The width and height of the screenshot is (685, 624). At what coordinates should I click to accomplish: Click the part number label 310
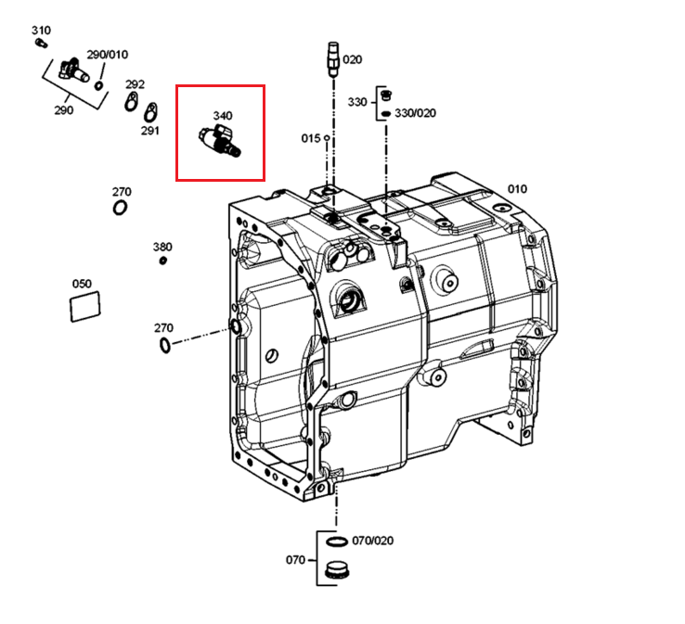(41, 31)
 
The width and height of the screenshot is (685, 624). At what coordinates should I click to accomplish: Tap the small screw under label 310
(41, 43)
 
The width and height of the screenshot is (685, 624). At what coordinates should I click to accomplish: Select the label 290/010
(108, 55)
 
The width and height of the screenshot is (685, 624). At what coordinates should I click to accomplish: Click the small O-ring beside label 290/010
(99, 85)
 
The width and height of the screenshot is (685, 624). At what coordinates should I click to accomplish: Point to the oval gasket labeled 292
(131, 102)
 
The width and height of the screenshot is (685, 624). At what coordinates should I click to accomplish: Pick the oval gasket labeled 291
(150, 112)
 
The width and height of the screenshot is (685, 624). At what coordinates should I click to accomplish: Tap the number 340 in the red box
(223, 116)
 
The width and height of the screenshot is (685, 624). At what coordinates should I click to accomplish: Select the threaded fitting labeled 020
(333, 58)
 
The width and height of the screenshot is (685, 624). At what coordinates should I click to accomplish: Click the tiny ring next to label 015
(327, 138)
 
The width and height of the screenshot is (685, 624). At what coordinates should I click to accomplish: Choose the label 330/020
(416, 113)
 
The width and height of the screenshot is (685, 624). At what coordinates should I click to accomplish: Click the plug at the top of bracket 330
(386, 96)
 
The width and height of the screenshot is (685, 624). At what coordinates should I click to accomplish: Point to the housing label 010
(517, 189)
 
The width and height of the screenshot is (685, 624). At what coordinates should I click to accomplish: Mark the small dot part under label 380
(163, 261)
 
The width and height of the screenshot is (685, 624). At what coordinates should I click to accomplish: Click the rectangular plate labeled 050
(85, 306)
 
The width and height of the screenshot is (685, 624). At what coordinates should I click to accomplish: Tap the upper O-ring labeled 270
(120, 208)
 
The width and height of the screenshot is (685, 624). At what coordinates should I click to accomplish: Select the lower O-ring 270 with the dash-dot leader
(164, 345)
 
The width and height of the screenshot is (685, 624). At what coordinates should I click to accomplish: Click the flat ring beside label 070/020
(337, 541)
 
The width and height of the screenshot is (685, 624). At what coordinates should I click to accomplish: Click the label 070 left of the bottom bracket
(295, 559)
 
